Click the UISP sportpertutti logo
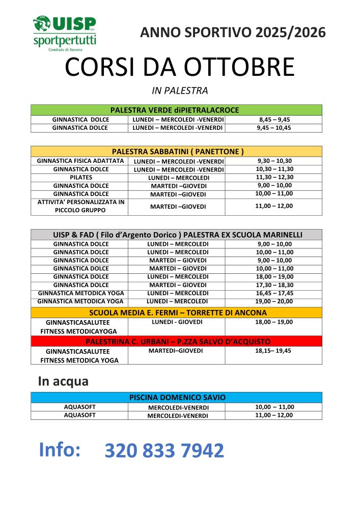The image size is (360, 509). [x=64, y=33]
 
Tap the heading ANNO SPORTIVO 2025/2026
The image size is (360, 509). [x=233, y=33]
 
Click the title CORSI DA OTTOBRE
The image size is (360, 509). [x=180, y=68]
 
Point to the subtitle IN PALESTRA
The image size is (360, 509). [x=180, y=91]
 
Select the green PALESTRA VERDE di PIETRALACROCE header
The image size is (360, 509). [x=176, y=110]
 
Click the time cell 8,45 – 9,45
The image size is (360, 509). [x=274, y=120]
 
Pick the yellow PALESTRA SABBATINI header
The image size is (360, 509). [x=176, y=152]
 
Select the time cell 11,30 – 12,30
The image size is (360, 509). [x=274, y=178]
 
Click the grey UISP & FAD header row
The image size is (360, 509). [x=176, y=235]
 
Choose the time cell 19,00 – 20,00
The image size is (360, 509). [x=274, y=301]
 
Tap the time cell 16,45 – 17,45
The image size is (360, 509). [x=274, y=293]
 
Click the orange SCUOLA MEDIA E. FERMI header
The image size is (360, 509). [x=176, y=313]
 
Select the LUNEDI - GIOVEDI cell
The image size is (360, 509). [x=177, y=322]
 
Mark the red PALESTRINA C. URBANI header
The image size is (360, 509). [x=176, y=341]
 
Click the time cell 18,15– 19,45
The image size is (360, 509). [x=274, y=351]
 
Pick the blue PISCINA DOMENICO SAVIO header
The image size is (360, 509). [x=176, y=398]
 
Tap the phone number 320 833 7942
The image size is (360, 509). [x=164, y=451]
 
